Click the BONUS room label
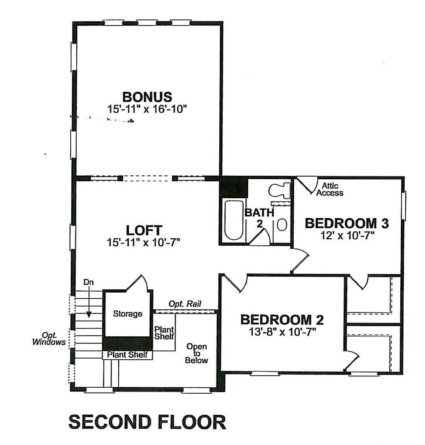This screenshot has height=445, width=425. pyautogui.click(x=147, y=97)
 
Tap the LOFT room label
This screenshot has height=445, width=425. pyautogui.click(x=144, y=230)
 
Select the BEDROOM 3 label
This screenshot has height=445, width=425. pyautogui.click(x=347, y=223)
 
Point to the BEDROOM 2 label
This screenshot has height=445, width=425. pyautogui.click(x=282, y=320)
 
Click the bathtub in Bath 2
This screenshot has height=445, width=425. pyautogui.click(x=233, y=220)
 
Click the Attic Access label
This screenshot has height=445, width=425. pyautogui.click(x=330, y=190)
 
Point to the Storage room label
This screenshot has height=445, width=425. pyautogui.click(x=128, y=314)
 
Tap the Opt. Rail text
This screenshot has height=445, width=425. pyautogui.click(x=185, y=304)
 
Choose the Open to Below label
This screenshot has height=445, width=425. pyautogui.click(x=196, y=353)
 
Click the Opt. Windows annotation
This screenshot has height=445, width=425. pyautogui.click(x=49, y=339)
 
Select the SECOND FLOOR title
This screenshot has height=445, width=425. pyautogui.click(x=147, y=422)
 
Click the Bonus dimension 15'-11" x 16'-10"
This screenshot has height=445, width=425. pyautogui.click(x=147, y=109)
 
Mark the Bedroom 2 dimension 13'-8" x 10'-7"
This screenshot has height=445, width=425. pyautogui.click(x=282, y=332)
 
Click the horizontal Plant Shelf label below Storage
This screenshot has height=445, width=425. pyautogui.click(x=127, y=354)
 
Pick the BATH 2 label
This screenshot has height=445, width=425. pyautogui.click(x=259, y=218)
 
